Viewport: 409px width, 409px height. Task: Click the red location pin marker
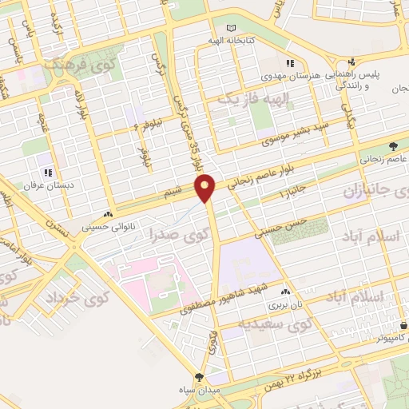pos(207,188)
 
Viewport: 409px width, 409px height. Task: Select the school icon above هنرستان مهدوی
pos(291,62)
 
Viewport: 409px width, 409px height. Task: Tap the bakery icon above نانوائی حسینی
pos(108,214)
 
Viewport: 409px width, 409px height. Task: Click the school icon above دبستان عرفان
pos(49,172)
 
